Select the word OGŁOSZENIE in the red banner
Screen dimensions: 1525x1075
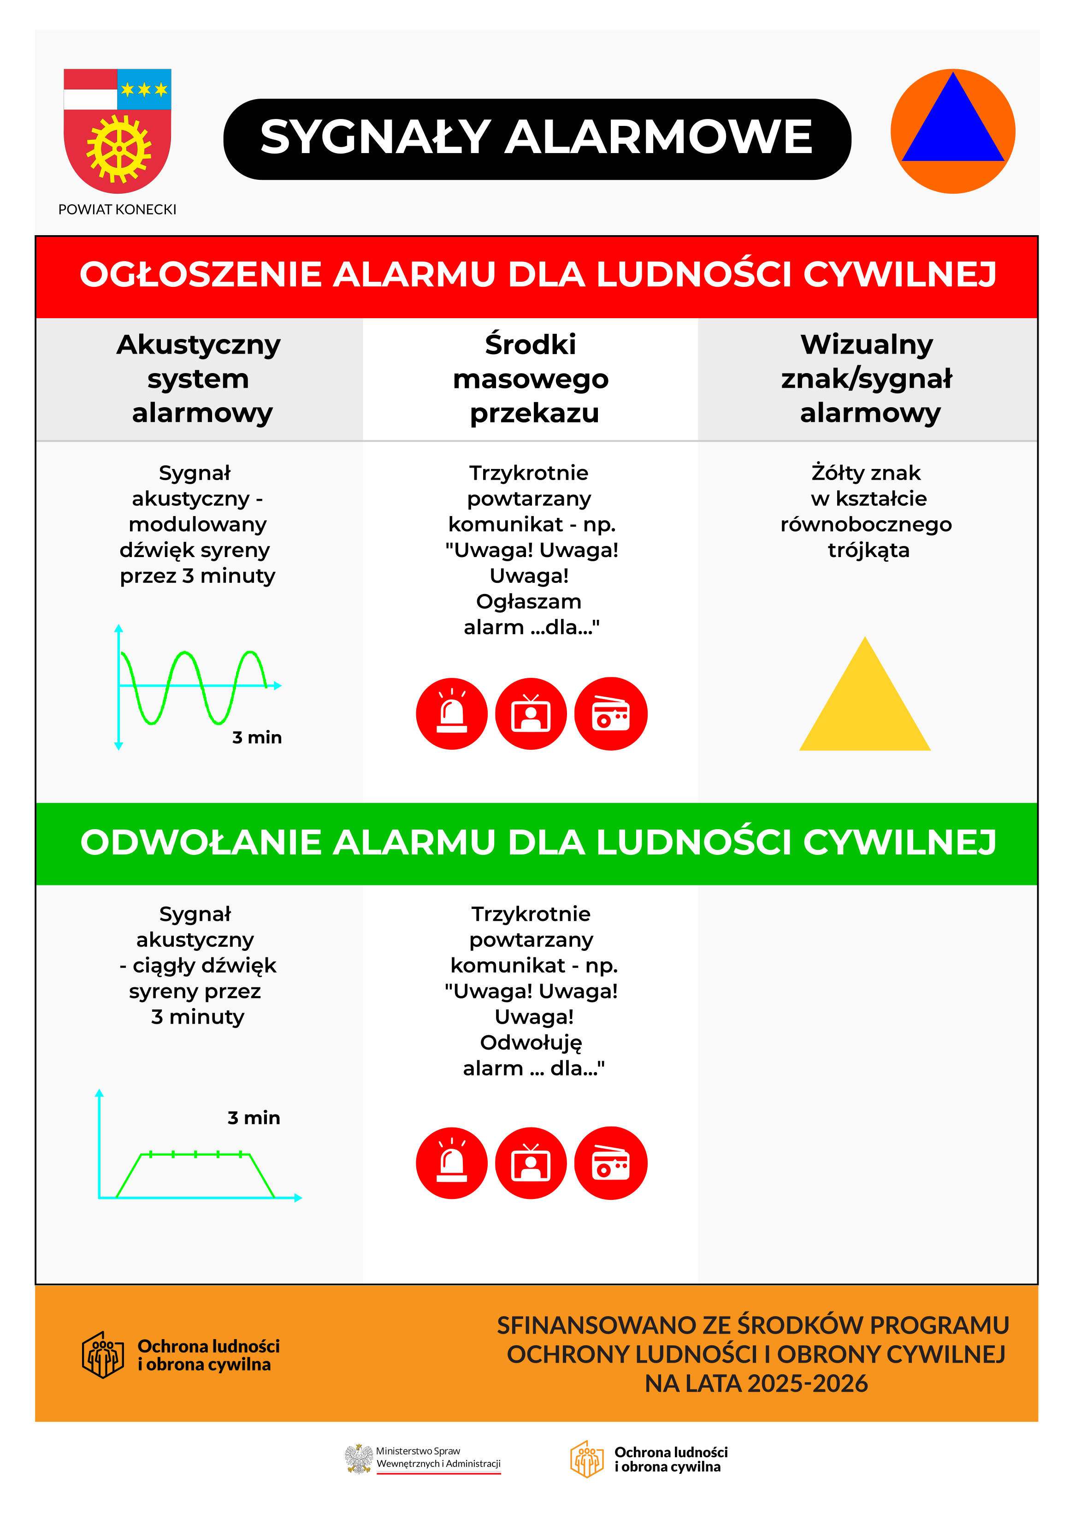click(x=201, y=275)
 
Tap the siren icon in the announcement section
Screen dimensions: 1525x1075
click(x=451, y=714)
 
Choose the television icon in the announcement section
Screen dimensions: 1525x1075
click(x=531, y=714)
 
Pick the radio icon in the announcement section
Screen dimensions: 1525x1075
click(x=610, y=714)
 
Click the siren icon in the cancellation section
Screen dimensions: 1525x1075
click(x=451, y=1163)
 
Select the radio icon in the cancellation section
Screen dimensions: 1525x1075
click(x=610, y=1163)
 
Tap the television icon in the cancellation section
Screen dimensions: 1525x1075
click(x=531, y=1163)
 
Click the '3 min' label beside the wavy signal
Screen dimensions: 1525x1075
click(x=257, y=738)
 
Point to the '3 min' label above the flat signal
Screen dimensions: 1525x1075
click(x=254, y=1118)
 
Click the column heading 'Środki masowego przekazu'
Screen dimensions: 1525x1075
click(x=531, y=379)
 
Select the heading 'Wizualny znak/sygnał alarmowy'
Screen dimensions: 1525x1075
click(x=867, y=379)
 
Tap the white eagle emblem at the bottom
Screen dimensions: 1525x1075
click(x=359, y=1459)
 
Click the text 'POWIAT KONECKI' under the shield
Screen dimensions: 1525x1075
click(x=118, y=210)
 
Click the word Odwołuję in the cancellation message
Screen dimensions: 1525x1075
click(x=531, y=1043)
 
